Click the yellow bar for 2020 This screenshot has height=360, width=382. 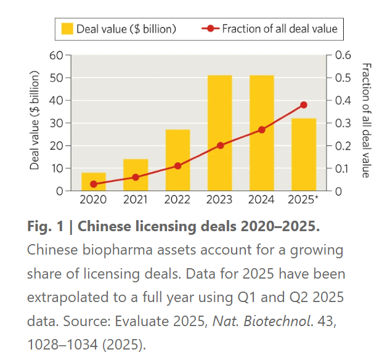[94, 182]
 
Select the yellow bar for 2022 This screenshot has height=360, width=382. [177, 160]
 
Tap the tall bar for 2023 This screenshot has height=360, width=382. [219, 133]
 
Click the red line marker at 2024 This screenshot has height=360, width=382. [261, 129]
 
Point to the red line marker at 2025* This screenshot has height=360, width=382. [303, 105]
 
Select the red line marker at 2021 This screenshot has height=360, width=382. [136, 177]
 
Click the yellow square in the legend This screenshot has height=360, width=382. [67, 28]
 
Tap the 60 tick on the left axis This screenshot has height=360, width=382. [57, 55]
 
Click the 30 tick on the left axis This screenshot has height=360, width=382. [57, 123]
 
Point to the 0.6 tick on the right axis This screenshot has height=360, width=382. [343, 55]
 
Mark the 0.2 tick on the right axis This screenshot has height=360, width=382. [343, 145]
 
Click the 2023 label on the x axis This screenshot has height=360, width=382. [219, 200]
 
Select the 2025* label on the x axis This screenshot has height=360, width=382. [304, 200]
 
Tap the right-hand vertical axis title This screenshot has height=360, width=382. [365, 120]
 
